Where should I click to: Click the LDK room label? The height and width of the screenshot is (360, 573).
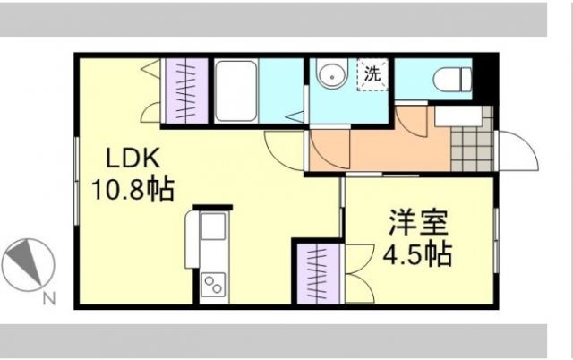point(133,159)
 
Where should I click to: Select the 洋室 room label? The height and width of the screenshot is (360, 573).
point(418,220)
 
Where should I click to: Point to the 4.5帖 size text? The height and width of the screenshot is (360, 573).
point(417,253)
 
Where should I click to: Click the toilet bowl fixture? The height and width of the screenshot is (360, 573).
point(451,79)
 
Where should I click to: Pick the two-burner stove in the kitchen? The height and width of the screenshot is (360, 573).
point(214,285)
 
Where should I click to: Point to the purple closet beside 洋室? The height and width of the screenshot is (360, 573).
point(317,272)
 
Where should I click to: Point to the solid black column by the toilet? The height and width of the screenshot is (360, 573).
point(483,75)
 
